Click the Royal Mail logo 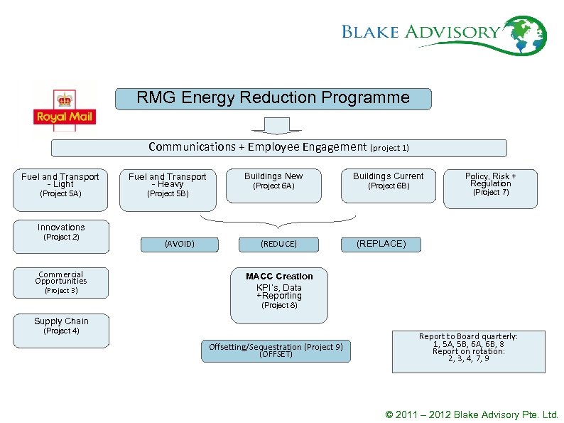click(65, 107)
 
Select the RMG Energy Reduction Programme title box click(273, 98)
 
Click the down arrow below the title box click(273, 126)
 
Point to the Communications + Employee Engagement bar click(278, 147)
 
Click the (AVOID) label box click(179, 244)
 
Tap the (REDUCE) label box click(278, 244)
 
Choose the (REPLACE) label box click(381, 244)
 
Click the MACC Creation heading click(279, 276)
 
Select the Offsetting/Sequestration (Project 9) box click(276, 350)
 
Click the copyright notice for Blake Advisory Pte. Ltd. click(472, 414)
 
